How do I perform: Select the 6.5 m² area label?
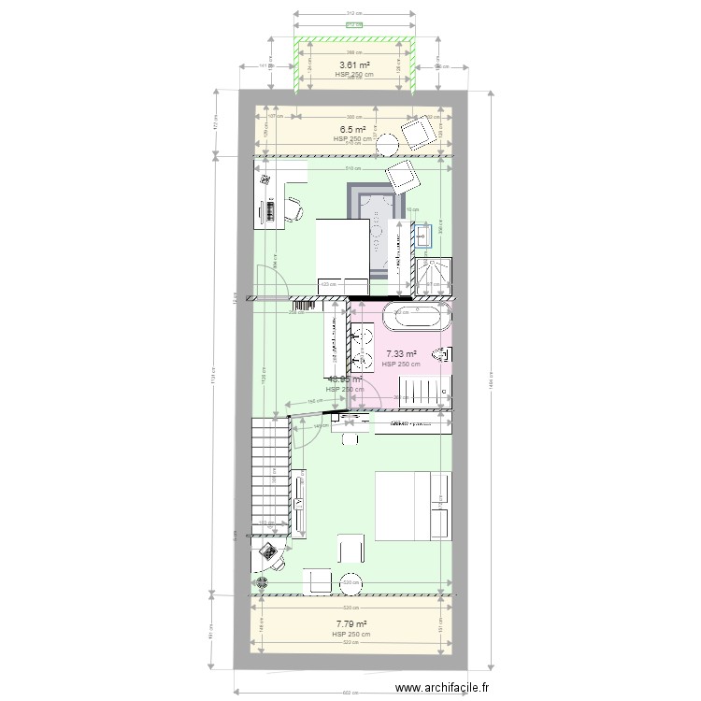tap(352, 130)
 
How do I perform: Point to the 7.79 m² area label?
tap(350, 624)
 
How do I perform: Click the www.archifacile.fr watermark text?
tap(442, 688)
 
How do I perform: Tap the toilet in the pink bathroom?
tap(444, 354)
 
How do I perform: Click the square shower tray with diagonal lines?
tap(433, 271)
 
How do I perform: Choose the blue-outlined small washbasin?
tap(425, 232)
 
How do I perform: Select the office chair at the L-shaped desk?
tap(293, 208)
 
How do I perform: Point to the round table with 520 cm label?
tap(351, 580)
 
